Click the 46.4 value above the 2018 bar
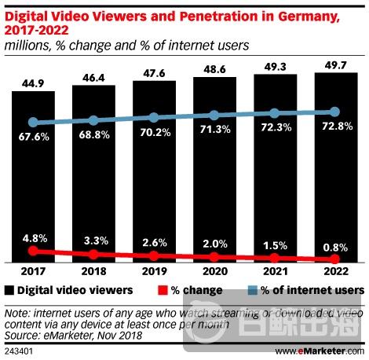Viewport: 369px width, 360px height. pos(93,75)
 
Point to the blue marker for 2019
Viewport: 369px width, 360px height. pos(154,118)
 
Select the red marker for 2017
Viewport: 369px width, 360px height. pos(32,251)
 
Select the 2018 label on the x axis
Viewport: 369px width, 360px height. pos(93,271)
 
